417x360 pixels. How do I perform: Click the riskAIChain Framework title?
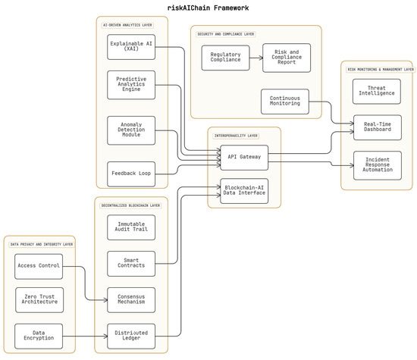208,8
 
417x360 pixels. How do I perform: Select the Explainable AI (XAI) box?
131,47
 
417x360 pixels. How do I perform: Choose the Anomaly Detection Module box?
131,130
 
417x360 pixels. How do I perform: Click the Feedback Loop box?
131,174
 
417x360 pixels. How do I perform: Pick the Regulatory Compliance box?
225,58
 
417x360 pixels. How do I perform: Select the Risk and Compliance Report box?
286,58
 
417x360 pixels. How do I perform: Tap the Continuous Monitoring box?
284,102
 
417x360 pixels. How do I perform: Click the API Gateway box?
244,157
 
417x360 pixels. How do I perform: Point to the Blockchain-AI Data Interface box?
244,190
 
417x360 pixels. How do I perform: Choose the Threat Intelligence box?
377,91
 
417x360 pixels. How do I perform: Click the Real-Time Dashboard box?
377,127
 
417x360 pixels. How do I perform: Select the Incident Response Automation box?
377,164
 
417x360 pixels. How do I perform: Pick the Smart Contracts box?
131,264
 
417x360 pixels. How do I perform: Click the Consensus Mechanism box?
131,299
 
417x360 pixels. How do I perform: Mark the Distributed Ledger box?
131,336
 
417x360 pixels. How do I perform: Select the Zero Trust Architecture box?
39,299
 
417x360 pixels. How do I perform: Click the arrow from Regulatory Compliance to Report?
256,58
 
